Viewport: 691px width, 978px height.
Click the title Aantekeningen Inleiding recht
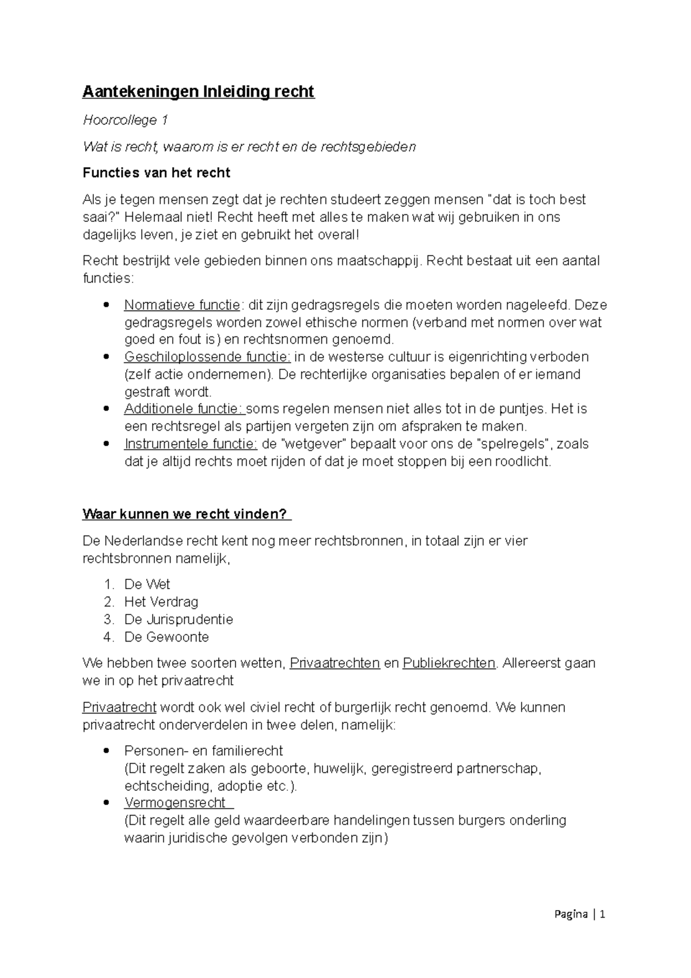click(x=198, y=92)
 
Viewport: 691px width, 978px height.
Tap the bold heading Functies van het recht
click(x=156, y=173)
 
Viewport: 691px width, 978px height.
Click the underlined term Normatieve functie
click(x=182, y=305)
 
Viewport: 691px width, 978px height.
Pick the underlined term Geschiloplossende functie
click(x=207, y=357)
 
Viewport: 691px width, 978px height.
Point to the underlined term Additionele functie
click(x=184, y=409)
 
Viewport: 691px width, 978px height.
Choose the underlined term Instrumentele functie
click(x=191, y=444)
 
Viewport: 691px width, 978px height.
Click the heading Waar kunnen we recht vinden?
click(x=187, y=514)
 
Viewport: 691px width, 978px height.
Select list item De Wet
click(x=147, y=585)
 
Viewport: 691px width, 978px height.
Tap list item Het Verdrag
click(x=161, y=602)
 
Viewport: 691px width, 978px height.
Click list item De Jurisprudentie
click(x=179, y=620)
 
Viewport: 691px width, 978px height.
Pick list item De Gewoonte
click(x=166, y=637)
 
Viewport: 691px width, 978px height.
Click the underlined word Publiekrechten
click(x=449, y=664)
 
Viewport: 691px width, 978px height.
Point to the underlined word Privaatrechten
click(x=335, y=664)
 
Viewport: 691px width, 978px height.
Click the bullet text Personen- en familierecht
click(x=203, y=751)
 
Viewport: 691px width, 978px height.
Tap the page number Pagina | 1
click(x=579, y=914)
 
